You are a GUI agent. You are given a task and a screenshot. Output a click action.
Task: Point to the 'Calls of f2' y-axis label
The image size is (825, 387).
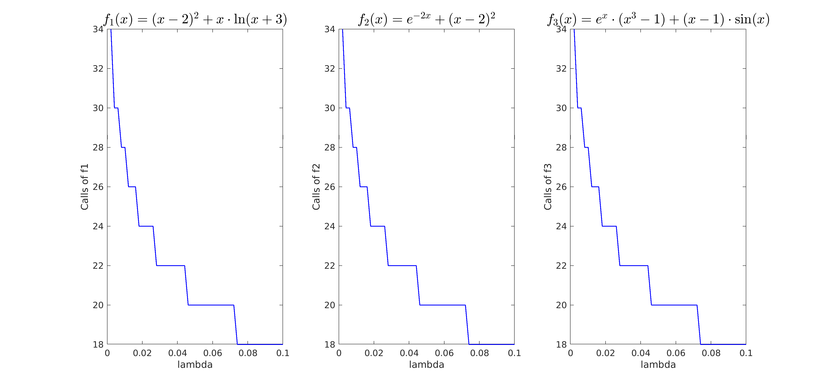(316, 187)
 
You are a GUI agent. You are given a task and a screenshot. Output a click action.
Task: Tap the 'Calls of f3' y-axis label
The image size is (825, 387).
(548, 187)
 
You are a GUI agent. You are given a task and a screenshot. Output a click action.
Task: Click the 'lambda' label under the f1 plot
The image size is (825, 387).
(195, 365)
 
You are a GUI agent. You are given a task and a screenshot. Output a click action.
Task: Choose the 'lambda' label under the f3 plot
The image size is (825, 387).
(658, 365)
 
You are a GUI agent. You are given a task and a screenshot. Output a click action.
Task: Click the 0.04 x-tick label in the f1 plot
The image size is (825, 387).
(177, 353)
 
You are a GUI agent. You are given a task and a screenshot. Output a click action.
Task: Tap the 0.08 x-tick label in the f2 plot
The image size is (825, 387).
(480, 353)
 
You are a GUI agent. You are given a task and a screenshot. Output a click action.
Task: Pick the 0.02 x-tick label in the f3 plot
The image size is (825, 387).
(605, 353)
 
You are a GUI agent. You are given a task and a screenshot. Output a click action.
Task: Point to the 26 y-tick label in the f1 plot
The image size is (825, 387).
(98, 187)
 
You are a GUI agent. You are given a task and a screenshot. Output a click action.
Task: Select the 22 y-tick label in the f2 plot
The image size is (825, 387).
(330, 266)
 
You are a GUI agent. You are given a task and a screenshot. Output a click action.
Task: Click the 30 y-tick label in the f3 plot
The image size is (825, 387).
(561, 108)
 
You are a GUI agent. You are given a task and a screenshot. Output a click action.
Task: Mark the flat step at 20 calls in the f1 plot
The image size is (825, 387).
(211, 305)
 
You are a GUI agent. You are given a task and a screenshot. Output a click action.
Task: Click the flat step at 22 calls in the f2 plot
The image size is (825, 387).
(402, 266)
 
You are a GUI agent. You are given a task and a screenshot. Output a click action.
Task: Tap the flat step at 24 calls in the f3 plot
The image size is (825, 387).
(609, 226)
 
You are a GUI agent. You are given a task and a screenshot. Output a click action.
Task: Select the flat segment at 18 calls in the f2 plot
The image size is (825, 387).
(492, 344)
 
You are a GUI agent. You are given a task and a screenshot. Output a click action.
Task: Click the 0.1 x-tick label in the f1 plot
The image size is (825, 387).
(283, 353)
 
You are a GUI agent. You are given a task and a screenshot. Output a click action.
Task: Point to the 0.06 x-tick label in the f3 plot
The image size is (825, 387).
(676, 353)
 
